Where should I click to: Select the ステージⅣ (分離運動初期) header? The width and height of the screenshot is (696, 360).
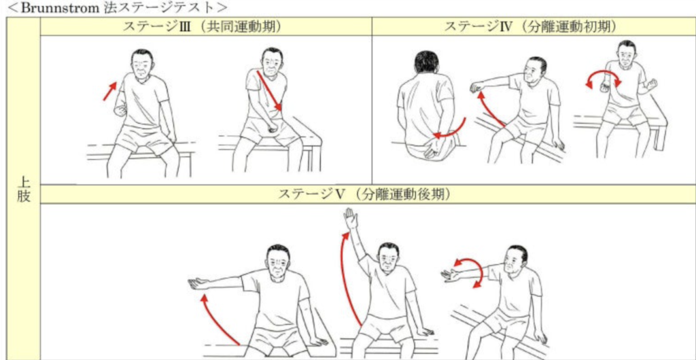(534, 26)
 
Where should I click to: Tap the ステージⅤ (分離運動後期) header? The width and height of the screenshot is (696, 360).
(368, 194)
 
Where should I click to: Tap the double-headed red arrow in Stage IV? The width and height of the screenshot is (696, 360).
(604, 79)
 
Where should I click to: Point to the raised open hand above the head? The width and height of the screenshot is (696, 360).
(351, 219)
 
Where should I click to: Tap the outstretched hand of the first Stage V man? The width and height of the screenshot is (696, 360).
(197, 283)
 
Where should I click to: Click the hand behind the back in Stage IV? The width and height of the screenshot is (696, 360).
(431, 145)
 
